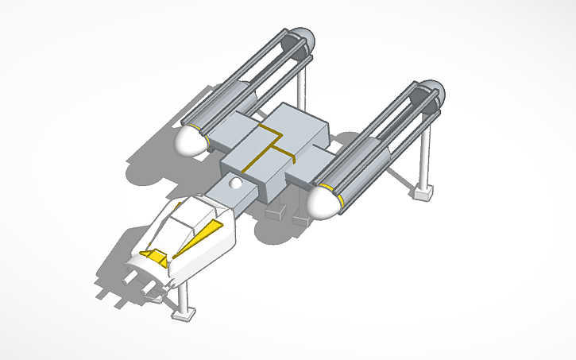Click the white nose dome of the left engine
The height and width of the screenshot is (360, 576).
pos(190,141)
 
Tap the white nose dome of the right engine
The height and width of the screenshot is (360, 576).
pos(322,202)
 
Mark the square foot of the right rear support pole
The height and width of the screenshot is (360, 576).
pos(422,191)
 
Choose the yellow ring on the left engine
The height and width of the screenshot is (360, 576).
pos(208,140)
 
